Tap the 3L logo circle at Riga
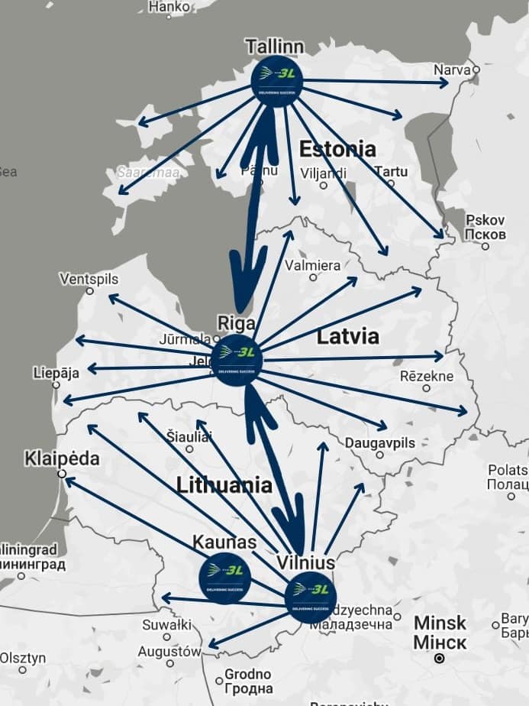click(237, 360)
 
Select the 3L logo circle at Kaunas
click(224, 578)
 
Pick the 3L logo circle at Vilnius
click(311, 597)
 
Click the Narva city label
click(452, 70)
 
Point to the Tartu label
click(391, 172)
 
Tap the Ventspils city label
click(89, 279)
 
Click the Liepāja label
click(56, 374)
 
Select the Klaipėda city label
click(62, 458)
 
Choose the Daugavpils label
click(379, 443)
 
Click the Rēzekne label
click(427, 376)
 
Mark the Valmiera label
click(312, 266)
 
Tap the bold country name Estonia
click(337, 148)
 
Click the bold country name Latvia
click(347, 335)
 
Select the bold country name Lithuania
click(224, 484)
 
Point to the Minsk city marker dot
click(439, 658)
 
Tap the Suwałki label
click(166, 625)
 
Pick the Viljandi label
click(324, 173)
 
